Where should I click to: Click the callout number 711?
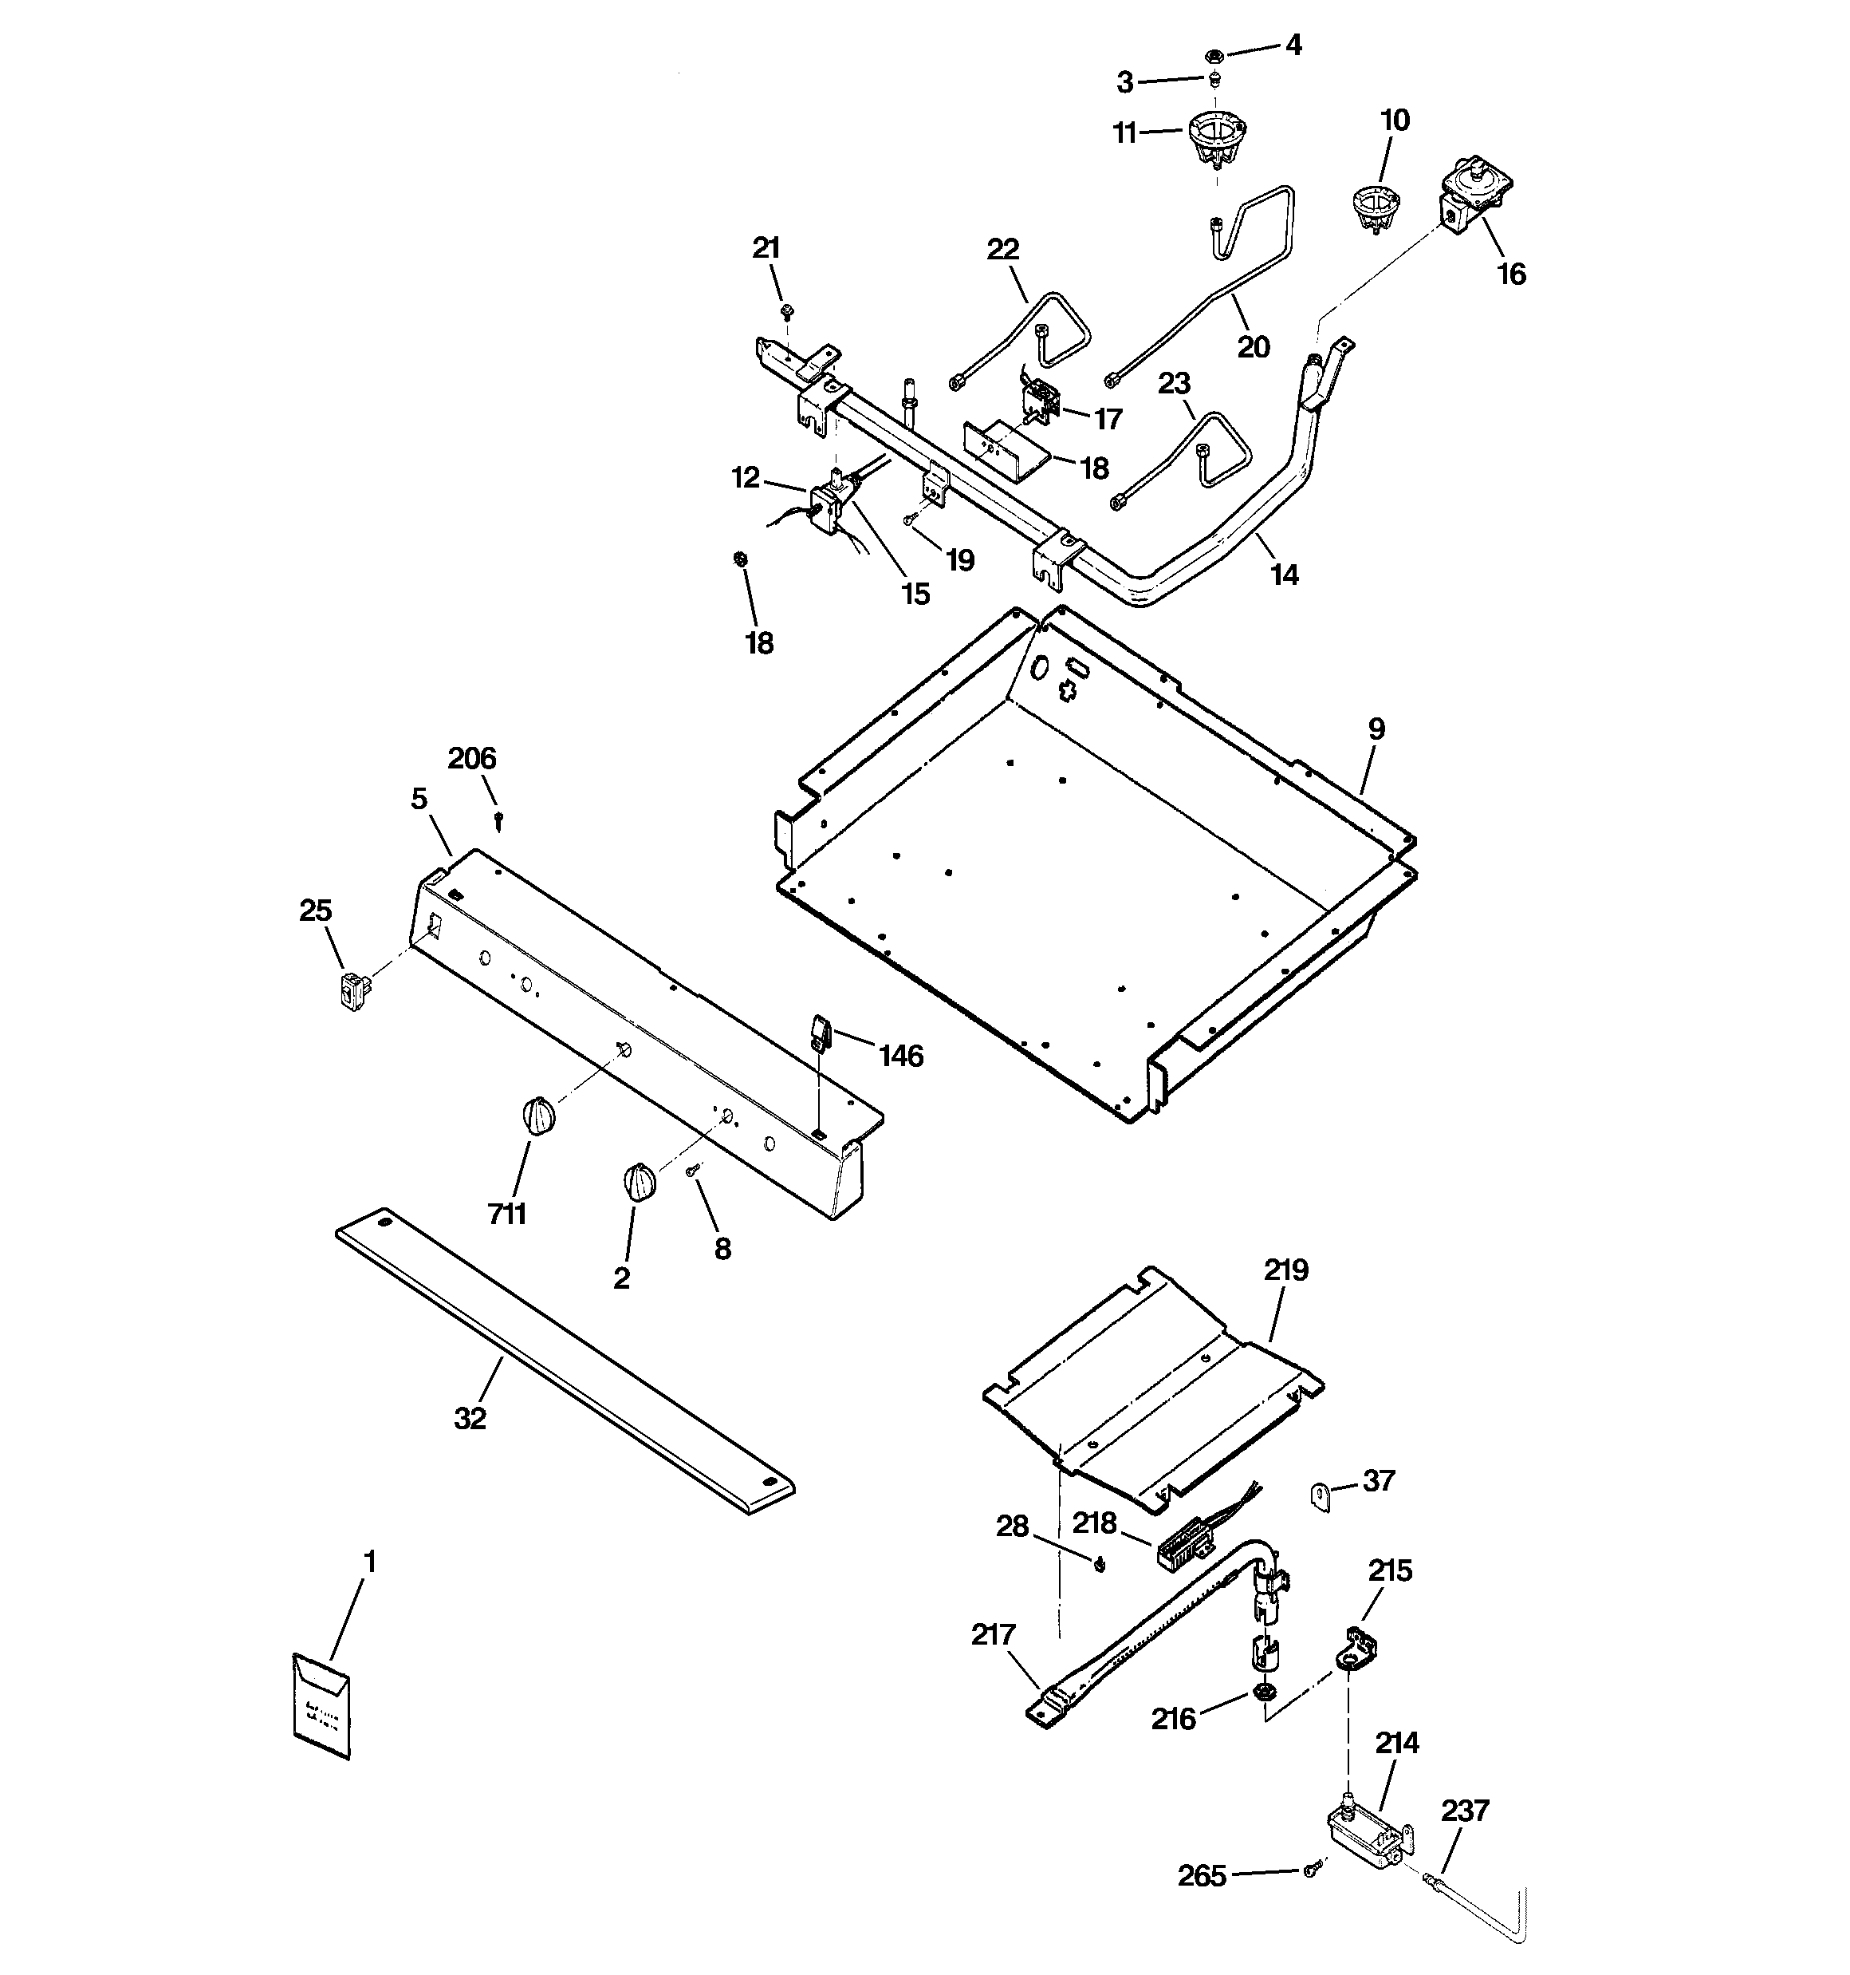[x=506, y=1213]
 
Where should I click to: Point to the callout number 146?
[x=900, y=1055]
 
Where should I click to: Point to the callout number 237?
[x=1465, y=1810]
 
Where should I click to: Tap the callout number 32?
[x=470, y=1420]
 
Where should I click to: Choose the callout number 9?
[x=1376, y=729]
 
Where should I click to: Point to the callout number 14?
[x=1284, y=575]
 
